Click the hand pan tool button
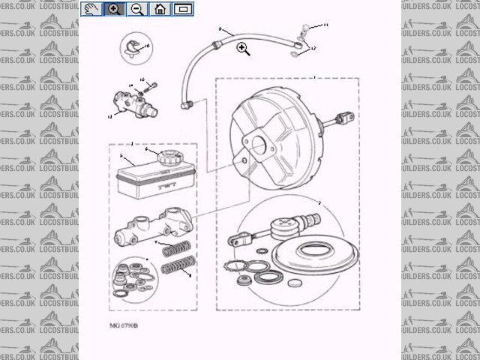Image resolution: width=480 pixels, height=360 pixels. pos(91,9)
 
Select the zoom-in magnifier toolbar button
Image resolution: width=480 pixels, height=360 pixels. pos(114,9)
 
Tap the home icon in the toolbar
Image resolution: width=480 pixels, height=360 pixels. pos(160,9)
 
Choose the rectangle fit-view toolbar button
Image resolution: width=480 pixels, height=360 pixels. pos(183,9)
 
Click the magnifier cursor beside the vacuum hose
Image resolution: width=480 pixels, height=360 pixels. pos(242,49)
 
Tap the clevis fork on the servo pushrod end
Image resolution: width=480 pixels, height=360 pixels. pos(236,241)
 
